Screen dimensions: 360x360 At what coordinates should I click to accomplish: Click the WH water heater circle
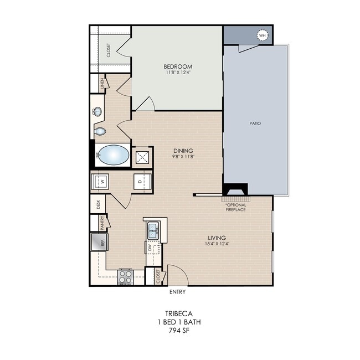(263, 35)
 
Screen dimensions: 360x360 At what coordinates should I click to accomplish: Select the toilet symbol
(100, 132)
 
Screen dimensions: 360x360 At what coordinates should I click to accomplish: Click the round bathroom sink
(97, 112)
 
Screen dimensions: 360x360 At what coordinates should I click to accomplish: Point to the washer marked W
(100, 181)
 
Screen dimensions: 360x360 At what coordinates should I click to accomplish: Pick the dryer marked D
(142, 181)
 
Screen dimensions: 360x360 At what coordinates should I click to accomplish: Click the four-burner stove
(125, 277)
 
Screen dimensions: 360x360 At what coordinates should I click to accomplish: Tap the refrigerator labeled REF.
(99, 242)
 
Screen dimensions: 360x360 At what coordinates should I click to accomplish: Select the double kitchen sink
(153, 230)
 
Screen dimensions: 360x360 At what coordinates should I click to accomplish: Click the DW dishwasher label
(150, 248)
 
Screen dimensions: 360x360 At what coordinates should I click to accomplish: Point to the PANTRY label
(102, 223)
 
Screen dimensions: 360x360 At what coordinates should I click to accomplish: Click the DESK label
(98, 204)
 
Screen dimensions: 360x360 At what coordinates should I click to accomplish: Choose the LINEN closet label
(102, 84)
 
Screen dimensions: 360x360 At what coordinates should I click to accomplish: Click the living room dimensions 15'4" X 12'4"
(217, 243)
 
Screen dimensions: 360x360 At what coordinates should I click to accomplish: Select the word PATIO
(255, 124)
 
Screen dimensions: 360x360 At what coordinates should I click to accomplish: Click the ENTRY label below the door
(177, 292)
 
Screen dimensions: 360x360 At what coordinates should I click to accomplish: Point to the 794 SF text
(179, 331)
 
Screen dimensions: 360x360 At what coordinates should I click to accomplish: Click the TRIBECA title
(179, 313)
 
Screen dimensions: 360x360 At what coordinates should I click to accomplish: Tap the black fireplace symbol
(235, 189)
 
